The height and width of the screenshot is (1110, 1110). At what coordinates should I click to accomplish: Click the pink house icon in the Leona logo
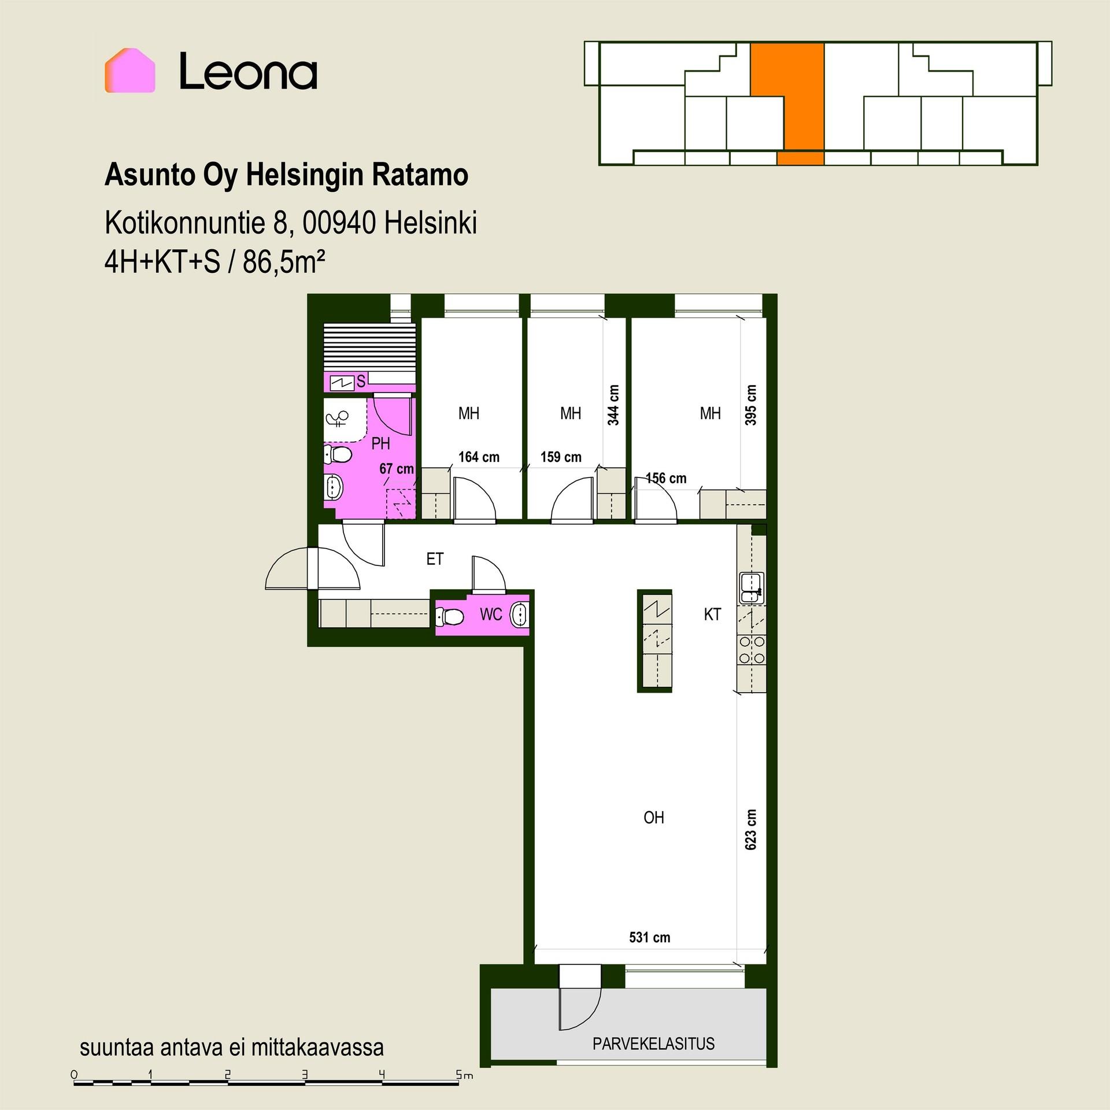point(130,71)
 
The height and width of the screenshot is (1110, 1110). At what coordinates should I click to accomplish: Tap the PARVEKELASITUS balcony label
point(653,1044)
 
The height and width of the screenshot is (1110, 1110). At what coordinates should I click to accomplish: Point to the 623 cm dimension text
point(750,829)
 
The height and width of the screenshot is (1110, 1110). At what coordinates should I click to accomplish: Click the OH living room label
point(654,817)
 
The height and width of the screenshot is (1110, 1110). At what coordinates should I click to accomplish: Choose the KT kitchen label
point(712,614)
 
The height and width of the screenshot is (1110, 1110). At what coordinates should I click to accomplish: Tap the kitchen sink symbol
point(752,588)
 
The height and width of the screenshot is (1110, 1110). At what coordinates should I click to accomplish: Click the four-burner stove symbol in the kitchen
point(752,650)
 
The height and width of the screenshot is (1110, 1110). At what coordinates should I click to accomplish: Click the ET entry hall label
point(435,559)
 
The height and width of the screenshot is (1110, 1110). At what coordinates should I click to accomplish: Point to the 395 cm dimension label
point(750,405)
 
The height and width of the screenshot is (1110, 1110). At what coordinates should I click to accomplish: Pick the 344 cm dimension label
point(613,405)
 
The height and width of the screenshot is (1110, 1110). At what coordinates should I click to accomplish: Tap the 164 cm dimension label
point(479,457)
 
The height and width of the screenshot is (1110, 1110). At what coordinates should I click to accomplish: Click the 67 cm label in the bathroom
point(397,469)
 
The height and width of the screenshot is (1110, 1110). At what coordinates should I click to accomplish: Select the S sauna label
point(361,381)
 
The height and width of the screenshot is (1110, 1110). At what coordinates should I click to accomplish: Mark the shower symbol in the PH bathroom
point(338,418)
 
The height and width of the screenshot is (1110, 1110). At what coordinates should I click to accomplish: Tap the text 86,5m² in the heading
point(284,262)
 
